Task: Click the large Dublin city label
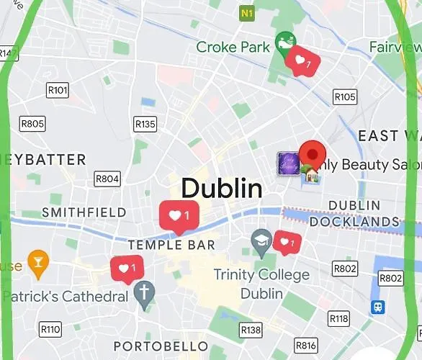pyautogui.click(x=221, y=189)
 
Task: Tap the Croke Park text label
pyautogui.click(x=233, y=48)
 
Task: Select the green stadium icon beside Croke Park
pyautogui.click(x=285, y=42)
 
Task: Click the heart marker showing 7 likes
pyautogui.click(x=302, y=61)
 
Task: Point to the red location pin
pyautogui.click(x=313, y=155)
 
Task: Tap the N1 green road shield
pyautogui.click(x=247, y=13)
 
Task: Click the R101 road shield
pyautogui.click(x=57, y=90)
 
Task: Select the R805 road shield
pyautogui.click(x=32, y=123)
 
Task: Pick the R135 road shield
pyautogui.click(x=145, y=124)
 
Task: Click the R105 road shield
pyautogui.click(x=345, y=96)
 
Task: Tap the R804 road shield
pyautogui.click(x=107, y=179)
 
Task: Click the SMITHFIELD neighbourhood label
pyautogui.click(x=84, y=212)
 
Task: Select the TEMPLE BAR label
pyautogui.click(x=171, y=245)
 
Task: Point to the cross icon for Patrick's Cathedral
pyautogui.click(x=144, y=292)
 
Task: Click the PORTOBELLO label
pyautogui.click(x=161, y=346)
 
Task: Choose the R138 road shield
pyautogui.click(x=251, y=330)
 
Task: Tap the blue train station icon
pyautogui.click(x=377, y=307)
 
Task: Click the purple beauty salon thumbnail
pyautogui.click(x=288, y=163)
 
